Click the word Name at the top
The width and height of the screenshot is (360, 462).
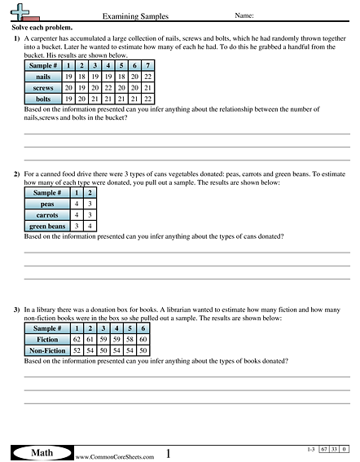click(244, 15)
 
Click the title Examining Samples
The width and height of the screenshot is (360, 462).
click(129, 15)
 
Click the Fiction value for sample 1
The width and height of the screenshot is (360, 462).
click(77, 338)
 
